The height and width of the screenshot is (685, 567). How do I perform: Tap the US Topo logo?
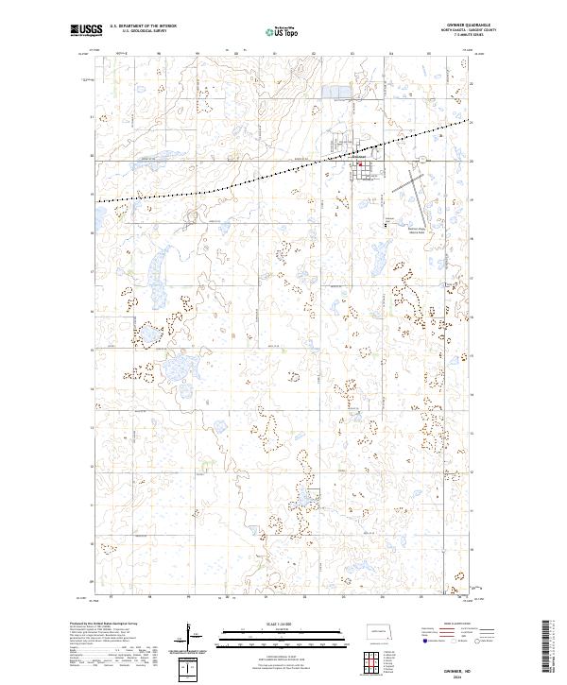(x=283, y=31)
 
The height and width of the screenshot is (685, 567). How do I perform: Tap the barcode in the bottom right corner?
(x=550, y=647)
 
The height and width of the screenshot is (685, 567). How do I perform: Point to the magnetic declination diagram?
(x=189, y=631)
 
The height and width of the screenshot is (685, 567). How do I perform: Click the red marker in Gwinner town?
(x=359, y=163)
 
